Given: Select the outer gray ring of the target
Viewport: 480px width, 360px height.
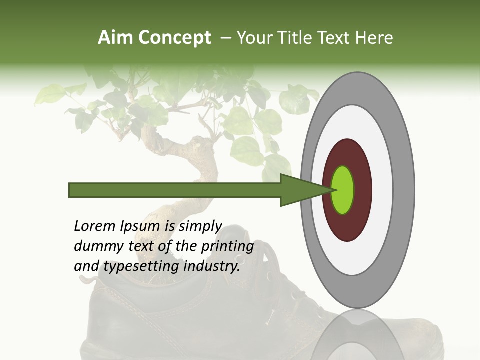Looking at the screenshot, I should pyautogui.click(x=404, y=190).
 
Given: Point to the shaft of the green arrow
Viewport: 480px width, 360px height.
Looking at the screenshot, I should pyautogui.click(x=175, y=190).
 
